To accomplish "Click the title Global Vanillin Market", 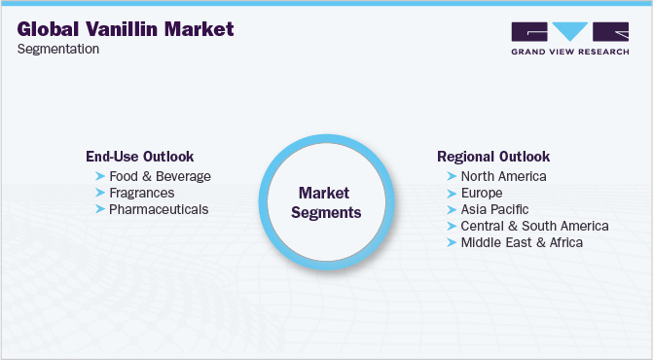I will (x=126, y=29).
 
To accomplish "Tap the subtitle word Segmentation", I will (x=58, y=50).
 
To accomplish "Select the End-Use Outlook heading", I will (x=139, y=156).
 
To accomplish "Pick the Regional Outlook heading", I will (x=493, y=156).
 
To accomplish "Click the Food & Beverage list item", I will (x=160, y=176).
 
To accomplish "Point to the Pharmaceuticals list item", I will (x=159, y=209).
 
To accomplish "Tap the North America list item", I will (x=503, y=176).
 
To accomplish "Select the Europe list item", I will (x=483, y=193).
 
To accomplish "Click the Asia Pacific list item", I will (x=495, y=209).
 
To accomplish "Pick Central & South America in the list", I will (x=534, y=226).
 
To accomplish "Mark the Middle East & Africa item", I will (x=522, y=242).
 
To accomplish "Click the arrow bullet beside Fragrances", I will (x=100, y=193).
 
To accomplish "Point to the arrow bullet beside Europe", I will (x=452, y=193).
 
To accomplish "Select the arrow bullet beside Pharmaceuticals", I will (x=100, y=209).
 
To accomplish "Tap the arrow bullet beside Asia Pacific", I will (x=452, y=209).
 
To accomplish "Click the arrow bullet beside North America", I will (x=452, y=176).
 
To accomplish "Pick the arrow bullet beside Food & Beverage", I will (x=100, y=176).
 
